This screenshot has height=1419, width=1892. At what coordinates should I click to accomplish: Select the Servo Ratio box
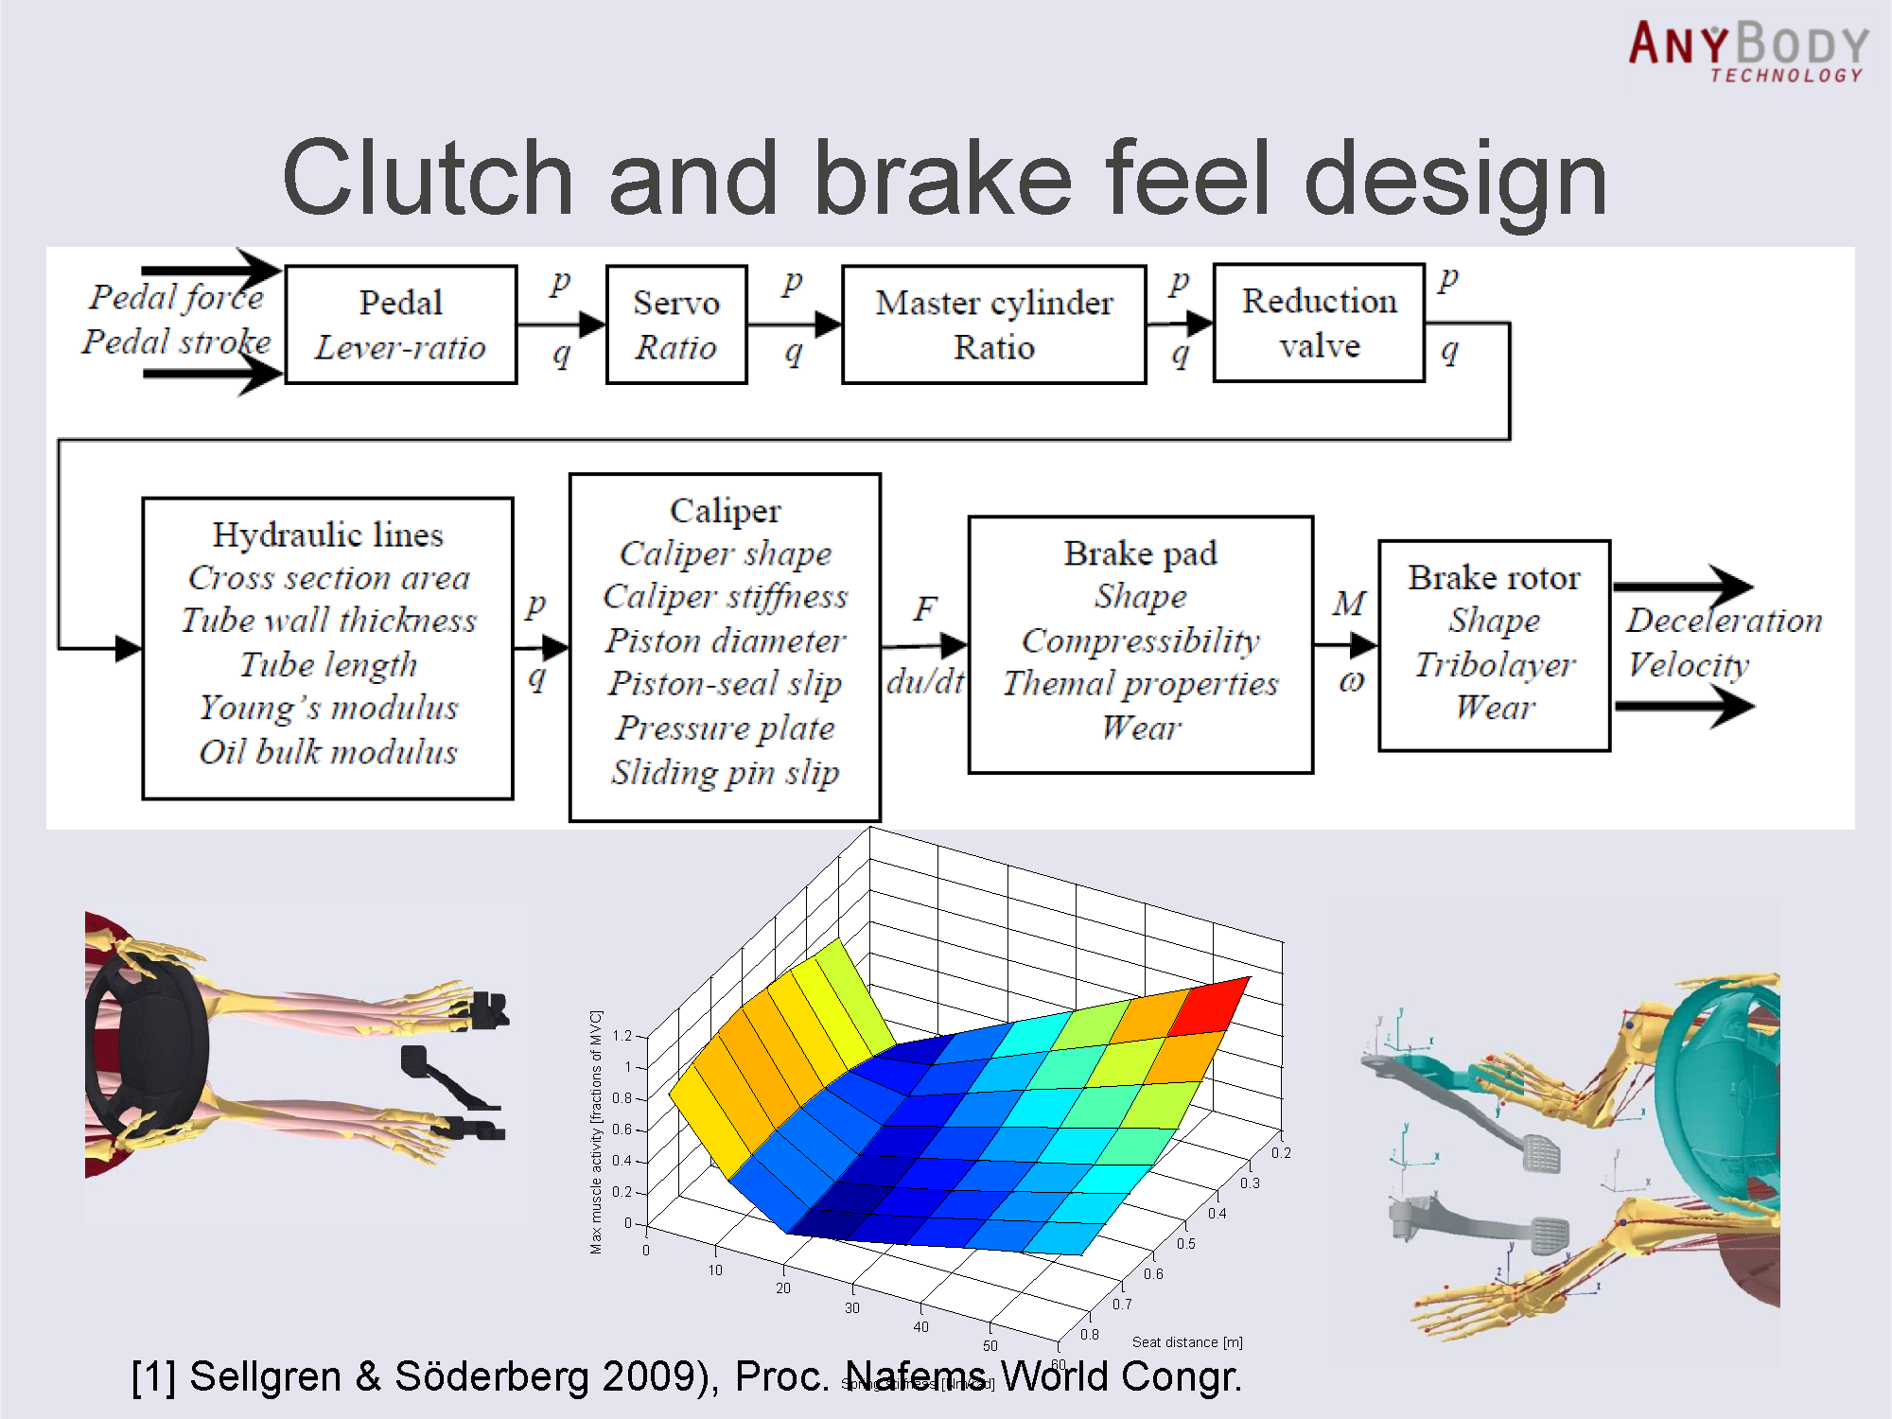coord(676,324)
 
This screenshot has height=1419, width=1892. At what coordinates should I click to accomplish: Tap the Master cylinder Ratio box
coord(993,324)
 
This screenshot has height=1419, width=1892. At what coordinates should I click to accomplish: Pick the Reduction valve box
coord(1319,324)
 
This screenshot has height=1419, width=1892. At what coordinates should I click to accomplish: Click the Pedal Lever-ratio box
coord(400,324)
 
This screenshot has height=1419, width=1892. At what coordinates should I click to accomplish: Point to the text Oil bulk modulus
coord(327,752)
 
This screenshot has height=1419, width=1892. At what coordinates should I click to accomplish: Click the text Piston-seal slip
coord(725,683)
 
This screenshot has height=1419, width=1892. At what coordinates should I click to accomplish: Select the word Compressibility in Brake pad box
coord(1140,640)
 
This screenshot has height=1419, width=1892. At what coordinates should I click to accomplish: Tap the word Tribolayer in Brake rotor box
coord(1495,664)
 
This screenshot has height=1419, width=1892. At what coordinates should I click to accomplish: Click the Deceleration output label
coord(1724,621)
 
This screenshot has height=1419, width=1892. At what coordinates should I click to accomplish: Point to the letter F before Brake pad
coord(924,608)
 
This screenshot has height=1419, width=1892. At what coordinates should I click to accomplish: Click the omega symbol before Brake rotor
coord(1351,680)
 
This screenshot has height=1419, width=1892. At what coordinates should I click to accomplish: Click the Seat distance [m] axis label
coord(1187,1341)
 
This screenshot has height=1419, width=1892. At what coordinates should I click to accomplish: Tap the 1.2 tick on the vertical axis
coord(622,1036)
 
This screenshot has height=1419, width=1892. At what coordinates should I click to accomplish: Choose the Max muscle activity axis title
coord(596,1131)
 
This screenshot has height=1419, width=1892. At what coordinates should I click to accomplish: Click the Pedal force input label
coord(176,297)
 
